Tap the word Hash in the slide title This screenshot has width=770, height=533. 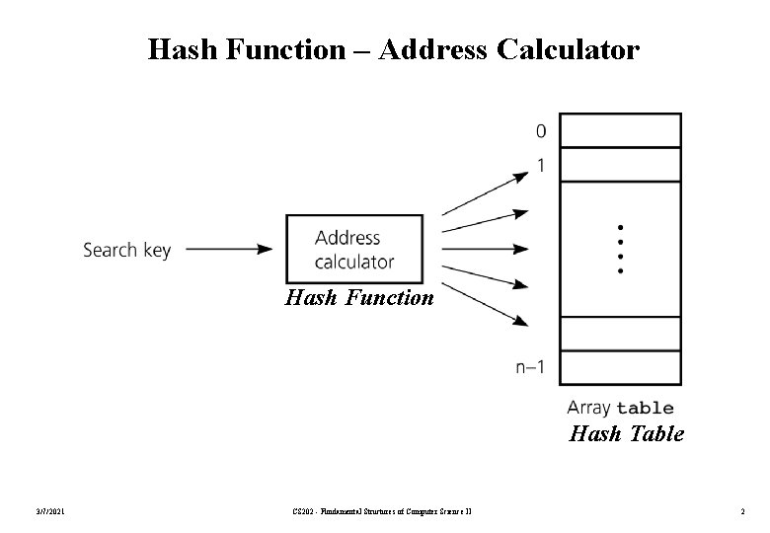coord(177,48)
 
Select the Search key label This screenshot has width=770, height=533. coord(126,250)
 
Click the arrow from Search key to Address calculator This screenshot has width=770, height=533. coord(229,250)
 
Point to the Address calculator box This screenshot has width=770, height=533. coord(354,249)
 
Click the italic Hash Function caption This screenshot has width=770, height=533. coord(359,296)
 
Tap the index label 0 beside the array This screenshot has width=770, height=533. coord(541,130)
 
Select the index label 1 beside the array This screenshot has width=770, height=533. coord(541,166)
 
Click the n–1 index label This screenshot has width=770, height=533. coord(530,368)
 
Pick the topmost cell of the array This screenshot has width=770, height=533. coord(620,130)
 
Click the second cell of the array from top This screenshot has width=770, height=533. coord(620,165)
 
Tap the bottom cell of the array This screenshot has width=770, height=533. coord(620,367)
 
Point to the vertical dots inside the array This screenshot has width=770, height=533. coord(621,249)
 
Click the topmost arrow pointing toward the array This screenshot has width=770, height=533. coord(486,192)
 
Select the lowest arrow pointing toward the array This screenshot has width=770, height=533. coord(486,305)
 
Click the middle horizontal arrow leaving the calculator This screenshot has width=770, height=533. coord(486,249)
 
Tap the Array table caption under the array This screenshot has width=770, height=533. coord(620,408)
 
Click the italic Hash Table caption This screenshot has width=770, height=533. coord(627,433)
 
